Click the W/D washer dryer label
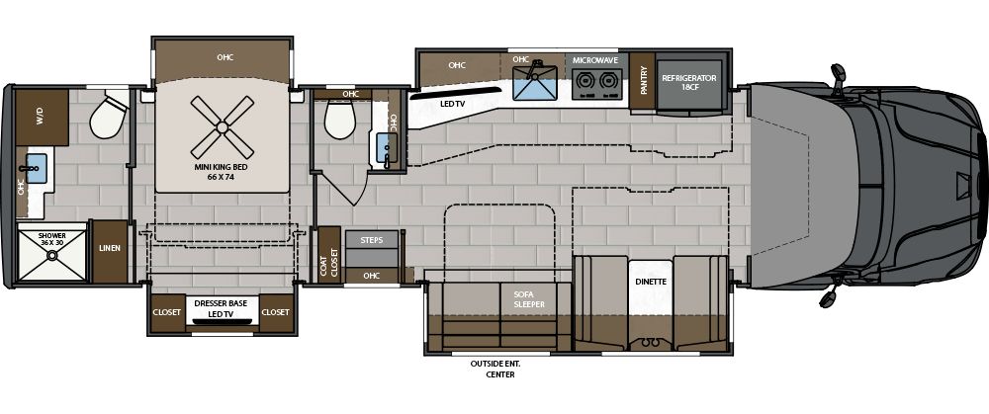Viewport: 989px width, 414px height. click(40, 117)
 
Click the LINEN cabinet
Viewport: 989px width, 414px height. click(109, 248)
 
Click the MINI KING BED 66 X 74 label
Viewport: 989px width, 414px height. click(223, 173)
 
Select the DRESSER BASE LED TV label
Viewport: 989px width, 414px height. click(223, 307)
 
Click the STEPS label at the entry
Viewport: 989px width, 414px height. click(373, 240)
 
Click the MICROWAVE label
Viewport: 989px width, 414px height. click(595, 61)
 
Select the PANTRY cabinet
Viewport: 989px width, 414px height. click(643, 77)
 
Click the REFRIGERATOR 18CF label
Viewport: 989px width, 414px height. click(689, 81)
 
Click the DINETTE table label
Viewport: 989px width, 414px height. click(651, 282)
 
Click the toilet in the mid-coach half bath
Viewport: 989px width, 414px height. click(340, 122)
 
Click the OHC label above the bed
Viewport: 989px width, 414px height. click(225, 57)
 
